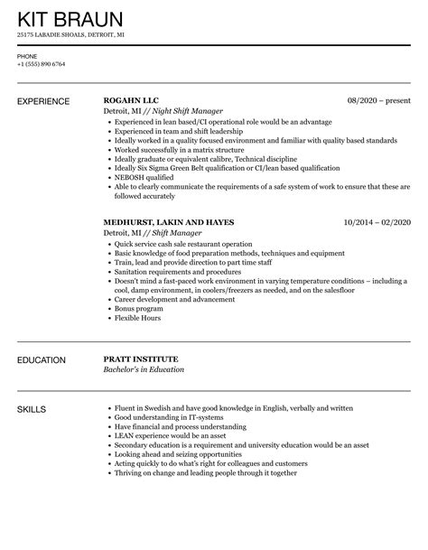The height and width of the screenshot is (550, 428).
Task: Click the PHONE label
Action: click(x=26, y=55)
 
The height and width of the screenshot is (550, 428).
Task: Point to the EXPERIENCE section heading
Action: click(x=42, y=100)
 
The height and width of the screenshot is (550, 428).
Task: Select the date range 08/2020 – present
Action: click(x=379, y=99)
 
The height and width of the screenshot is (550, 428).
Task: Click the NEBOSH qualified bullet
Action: click(x=144, y=179)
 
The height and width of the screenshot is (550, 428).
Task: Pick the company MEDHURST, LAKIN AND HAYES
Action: click(x=169, y=221)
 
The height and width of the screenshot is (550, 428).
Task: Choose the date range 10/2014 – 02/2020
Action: click(x=377, y=221)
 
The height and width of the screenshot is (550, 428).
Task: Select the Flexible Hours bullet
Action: click(x=139, y=320)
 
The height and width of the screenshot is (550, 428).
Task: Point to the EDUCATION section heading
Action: click(x=42, y=360)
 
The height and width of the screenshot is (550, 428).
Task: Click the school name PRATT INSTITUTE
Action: click(x=144, y=359)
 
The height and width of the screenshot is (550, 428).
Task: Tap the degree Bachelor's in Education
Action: click(x=144, y=370)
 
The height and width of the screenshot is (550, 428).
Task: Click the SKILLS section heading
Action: click(x=33, y=410)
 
